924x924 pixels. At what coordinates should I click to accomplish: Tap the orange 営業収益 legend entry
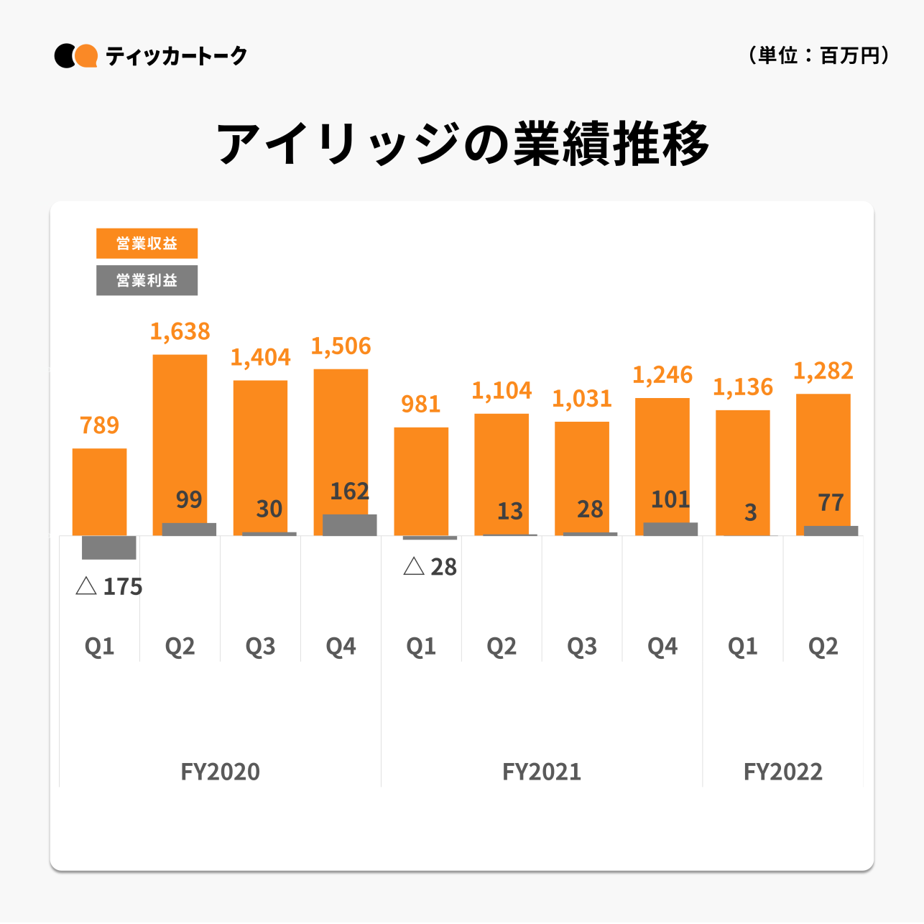[147, 244]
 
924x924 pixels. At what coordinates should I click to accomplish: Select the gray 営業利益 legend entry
[147, 280]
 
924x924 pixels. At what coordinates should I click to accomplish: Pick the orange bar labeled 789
[100, 491]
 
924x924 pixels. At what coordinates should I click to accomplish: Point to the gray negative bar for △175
[108, 548]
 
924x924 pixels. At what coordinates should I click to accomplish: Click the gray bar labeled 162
[349, 525]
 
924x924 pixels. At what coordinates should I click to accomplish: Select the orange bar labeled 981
[421, 481]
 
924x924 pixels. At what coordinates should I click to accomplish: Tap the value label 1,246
[662, 375]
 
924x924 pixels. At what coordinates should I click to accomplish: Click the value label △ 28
[430, 567]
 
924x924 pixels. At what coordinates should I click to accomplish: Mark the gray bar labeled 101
[670, 529]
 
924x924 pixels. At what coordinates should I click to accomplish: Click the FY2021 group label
[542, 772]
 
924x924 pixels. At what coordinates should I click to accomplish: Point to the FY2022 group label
[783, 772]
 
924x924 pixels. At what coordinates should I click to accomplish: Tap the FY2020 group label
[220, 772]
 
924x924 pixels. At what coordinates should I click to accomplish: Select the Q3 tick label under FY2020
[260, 647]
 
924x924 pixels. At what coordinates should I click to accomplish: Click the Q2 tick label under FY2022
[823, 647]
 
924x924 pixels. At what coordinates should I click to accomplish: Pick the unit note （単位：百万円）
[819, 55]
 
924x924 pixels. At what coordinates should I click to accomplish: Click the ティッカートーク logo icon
[76, 56]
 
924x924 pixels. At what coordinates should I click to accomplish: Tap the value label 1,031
[582, 399]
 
